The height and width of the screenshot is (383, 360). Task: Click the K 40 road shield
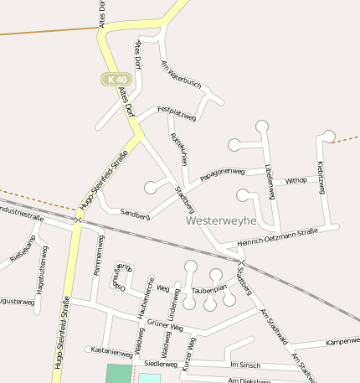pos(116,79)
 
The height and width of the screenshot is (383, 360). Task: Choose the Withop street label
pos(296,180)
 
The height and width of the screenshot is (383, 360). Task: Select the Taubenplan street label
pos(210,290)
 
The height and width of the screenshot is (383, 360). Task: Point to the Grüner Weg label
pos(165,323)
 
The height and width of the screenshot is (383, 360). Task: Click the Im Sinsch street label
pos(244,365)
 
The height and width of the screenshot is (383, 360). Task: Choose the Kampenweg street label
pos(342,342)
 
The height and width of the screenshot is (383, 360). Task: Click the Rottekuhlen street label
pos(177,148)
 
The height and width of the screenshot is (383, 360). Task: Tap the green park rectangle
pos(119,374)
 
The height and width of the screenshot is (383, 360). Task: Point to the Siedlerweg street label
pos(161,365)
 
